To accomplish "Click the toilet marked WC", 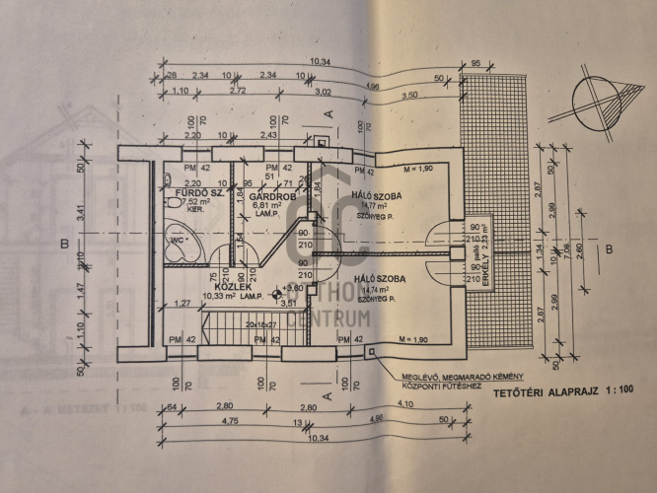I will (182, 240).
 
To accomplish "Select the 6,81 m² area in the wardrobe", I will (252, 204).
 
